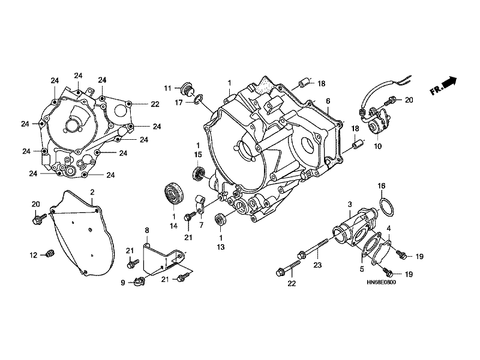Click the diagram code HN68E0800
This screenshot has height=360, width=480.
click(x=381, y=282)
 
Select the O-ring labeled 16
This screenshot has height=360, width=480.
click(x=387, y=207)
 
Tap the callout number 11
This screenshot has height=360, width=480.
click(x=167, y=88)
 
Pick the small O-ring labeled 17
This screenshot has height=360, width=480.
click(x=198, y=98)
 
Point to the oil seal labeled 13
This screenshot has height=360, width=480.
click(x=220, y=219)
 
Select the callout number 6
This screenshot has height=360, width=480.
click(x=328, y=101)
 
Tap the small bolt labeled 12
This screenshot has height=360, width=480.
click(x=49, y=253)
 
